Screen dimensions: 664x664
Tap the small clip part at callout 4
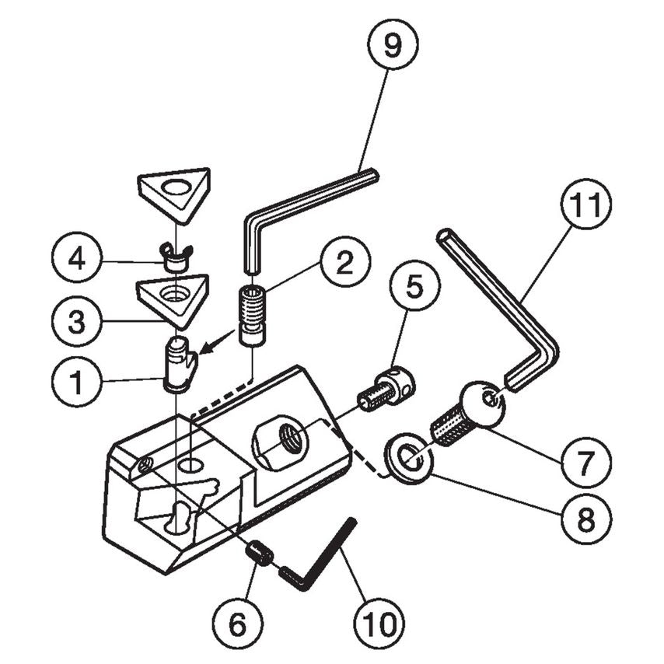[x=177, y=254]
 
